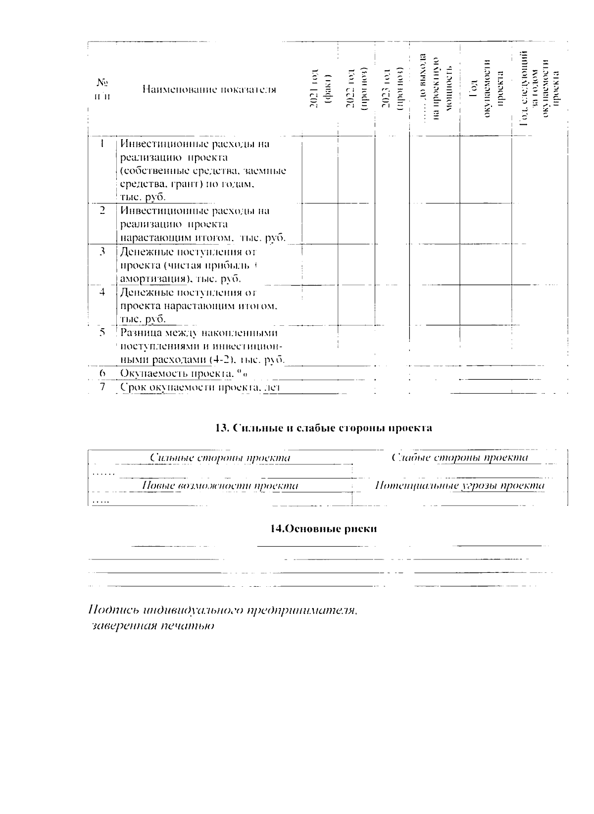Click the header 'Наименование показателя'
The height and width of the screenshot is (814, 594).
point(209,89)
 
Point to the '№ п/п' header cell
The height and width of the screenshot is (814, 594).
point(102,89)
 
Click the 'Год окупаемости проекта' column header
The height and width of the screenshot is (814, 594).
point(487,89)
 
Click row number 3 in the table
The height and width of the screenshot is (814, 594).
point(102,252)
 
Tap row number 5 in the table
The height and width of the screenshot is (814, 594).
point(102,332)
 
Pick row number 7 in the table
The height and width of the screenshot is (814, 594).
point(102,387)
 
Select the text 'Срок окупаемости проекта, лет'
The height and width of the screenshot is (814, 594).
point(200,387)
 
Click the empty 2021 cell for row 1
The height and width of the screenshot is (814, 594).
point(319,169)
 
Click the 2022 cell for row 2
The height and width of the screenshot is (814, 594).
point(356,223)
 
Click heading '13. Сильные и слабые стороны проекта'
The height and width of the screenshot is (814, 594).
point(324,428)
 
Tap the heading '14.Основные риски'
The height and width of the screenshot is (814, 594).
point(323,529)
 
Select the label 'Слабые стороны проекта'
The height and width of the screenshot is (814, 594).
point(460,458)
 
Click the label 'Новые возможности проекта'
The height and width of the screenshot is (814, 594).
point(220,485)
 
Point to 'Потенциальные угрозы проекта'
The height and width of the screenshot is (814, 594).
point(460,485)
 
